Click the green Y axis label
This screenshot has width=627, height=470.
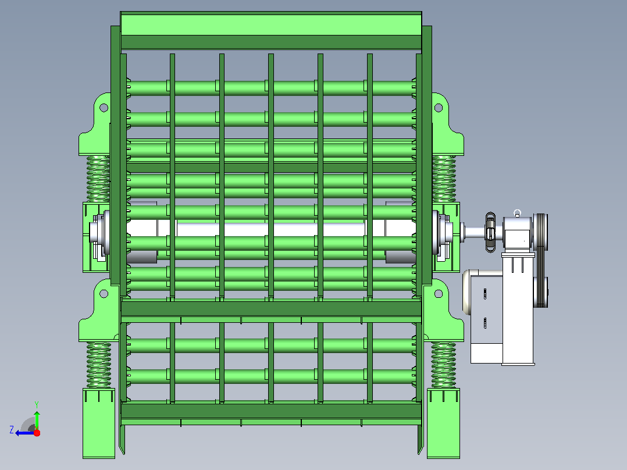coord(37,404)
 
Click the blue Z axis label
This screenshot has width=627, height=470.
coord(12,430)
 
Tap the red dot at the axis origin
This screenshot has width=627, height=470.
coord(37,433)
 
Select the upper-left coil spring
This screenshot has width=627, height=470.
coord(98,179)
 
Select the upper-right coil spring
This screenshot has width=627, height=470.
coord(444,179)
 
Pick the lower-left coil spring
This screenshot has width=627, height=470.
coord(98,365)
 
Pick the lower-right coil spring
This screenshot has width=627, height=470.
coord(443,365)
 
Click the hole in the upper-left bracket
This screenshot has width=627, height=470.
coord(104,108)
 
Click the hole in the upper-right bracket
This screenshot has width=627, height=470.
coord(439,108)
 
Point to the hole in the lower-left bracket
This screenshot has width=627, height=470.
coord(104,294)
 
